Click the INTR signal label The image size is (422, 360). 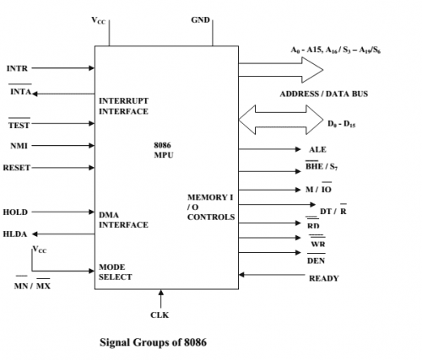(17, 67)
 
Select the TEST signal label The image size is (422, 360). (19, 125)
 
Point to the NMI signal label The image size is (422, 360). (19, 146)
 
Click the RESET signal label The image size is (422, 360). (17, 168)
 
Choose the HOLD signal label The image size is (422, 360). (15, 212)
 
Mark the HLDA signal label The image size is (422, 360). (16, 234)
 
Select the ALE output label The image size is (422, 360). (316, 149)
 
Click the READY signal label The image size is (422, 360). (324, 277)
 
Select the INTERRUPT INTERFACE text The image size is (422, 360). (124, 105)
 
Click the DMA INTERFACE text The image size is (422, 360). (123, 219)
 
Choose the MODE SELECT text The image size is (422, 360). (116, 271)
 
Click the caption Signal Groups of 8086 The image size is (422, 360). (153, 342)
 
